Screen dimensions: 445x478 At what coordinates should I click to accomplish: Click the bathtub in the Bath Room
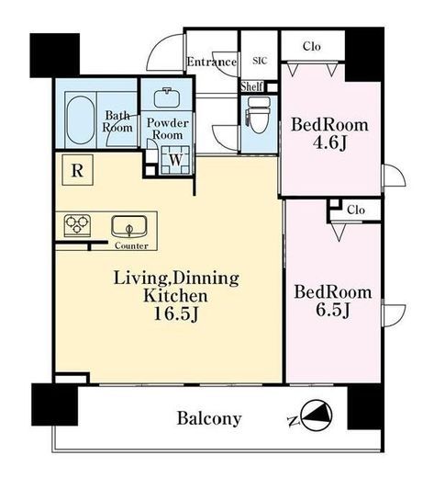[x=80, y=119]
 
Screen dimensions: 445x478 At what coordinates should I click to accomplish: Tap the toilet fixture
[x=258, y=115]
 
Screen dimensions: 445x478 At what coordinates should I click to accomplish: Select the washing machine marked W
[x=176, y=160]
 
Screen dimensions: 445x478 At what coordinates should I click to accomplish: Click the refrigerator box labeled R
[x=77, y=170]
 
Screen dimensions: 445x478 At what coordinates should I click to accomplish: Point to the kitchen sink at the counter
[x=129, y=227]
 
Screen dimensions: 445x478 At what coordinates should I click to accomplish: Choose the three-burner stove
[x=77, y=225]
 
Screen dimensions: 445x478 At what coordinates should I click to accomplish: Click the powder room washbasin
[x=167, y=97]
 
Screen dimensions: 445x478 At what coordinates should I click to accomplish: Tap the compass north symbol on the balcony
[x=317, y=415]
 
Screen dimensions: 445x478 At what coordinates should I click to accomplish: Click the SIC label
[x=260, y=61]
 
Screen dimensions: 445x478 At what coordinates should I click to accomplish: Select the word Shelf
[x=251, y=86]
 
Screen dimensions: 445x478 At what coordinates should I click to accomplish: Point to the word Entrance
[x=212, y=62]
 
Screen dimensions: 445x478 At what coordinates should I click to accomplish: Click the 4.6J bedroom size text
[x=329, y=142]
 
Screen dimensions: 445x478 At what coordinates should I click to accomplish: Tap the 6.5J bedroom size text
[x=333, y=310]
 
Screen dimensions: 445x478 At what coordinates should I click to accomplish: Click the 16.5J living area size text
[x=176, y=313]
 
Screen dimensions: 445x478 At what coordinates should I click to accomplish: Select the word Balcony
[x=209, y=418]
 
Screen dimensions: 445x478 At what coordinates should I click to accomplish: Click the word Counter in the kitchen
[x=131, y=245]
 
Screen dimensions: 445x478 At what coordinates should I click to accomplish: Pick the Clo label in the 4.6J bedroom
[x=312, y=46]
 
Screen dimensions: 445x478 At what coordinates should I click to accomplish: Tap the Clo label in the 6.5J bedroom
[x=356, y=211]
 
